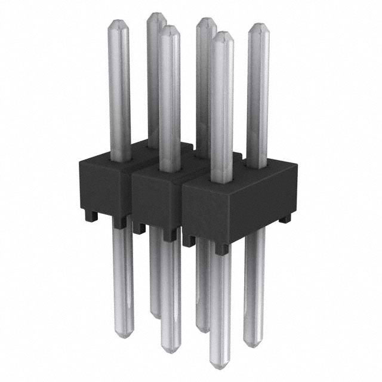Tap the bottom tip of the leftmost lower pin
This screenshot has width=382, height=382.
coord(123,336)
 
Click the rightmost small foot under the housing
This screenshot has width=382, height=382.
coord(285,219)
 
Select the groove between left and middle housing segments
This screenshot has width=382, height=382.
coord(130,194)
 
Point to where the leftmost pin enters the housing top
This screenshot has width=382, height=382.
coord(120,160)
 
